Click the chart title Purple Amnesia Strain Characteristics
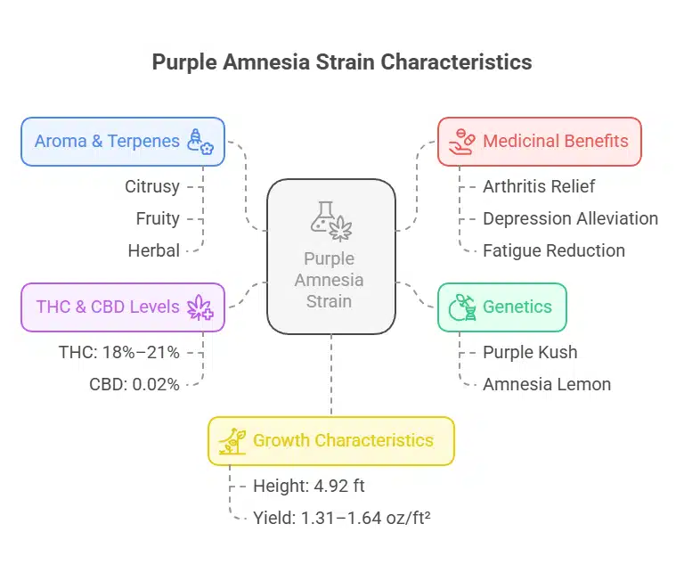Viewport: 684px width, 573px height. [342, 62]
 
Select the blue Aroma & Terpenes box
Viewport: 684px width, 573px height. [123, 141]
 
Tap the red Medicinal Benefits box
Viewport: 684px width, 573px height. [540, 141]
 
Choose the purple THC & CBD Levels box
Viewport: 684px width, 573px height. [123, 307]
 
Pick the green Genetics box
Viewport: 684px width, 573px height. [502, 307]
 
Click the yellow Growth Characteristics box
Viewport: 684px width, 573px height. [331, 440]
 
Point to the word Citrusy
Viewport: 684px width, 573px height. [152, 186]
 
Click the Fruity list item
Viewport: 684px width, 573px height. [158, 218]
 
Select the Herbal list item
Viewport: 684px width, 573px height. [154, 250]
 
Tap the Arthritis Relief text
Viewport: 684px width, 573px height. [539, 186]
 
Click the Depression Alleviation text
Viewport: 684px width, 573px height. [570, 218]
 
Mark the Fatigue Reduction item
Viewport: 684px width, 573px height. [553, 250]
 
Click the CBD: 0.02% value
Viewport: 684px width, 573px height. [134, 384]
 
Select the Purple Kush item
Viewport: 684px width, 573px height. [530, 352]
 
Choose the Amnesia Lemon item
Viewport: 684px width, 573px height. [546, 384]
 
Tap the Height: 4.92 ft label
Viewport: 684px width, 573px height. [308, 487]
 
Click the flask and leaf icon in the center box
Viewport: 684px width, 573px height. [330, 220]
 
